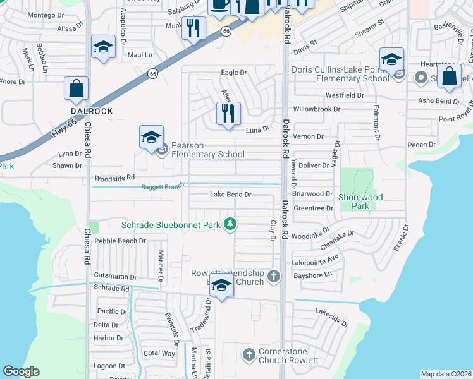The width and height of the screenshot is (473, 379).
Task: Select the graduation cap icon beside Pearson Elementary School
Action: coord(152,137)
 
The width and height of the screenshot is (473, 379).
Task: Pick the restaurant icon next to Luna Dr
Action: coord(228,114)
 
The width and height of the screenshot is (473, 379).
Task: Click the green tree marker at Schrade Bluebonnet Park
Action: coord(231,224)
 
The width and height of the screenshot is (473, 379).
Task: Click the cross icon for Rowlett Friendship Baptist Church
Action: coord(273,276)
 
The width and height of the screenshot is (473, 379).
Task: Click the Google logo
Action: coord(21,371)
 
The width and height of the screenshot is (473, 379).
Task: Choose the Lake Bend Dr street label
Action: coord(231,195)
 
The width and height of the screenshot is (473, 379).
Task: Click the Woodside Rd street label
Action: coord(114,178)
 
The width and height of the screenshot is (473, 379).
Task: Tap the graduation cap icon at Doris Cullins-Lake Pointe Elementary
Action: coord(391,60)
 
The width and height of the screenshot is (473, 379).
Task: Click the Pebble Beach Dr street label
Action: coord(120,241)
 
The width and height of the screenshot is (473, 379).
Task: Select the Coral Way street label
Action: coord(159,353)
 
